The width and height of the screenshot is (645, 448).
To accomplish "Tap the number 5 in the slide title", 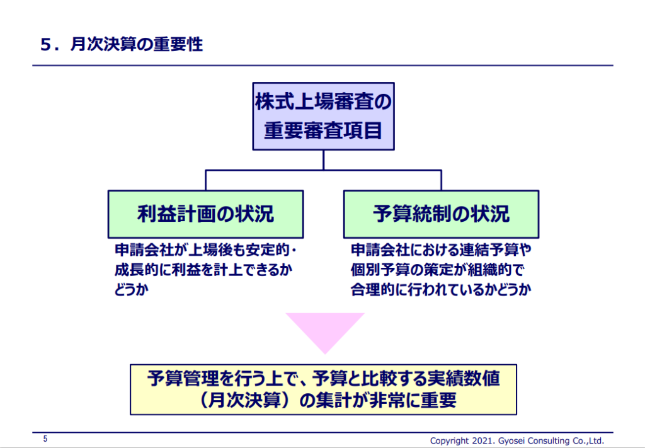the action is click(45, 45).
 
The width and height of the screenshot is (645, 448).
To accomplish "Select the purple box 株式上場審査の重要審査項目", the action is click(323, 117).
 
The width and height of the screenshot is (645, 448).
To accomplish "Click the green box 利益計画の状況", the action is click(206, 214).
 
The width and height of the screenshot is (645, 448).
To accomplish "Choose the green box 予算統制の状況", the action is click(442, 214).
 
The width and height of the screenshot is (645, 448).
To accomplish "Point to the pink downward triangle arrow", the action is click(325, 331).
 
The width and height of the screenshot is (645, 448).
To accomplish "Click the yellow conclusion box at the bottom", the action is click(323, 389).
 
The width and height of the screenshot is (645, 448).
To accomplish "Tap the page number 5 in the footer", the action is click(45, 439).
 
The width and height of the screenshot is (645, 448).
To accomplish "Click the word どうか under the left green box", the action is click(131, 290).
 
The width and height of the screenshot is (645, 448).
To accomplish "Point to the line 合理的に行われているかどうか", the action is click(440, 290).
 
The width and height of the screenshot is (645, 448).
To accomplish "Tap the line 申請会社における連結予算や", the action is click(440, 250).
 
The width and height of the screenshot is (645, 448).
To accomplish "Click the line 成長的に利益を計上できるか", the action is click(203, 270).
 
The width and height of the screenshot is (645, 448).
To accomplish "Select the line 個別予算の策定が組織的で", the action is click(437, 270).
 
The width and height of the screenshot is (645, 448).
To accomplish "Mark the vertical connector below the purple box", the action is click(323, 160).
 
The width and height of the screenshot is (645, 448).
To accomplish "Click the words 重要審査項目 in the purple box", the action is click(323, 131).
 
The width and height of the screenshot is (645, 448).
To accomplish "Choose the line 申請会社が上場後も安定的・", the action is click(206, 250).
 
